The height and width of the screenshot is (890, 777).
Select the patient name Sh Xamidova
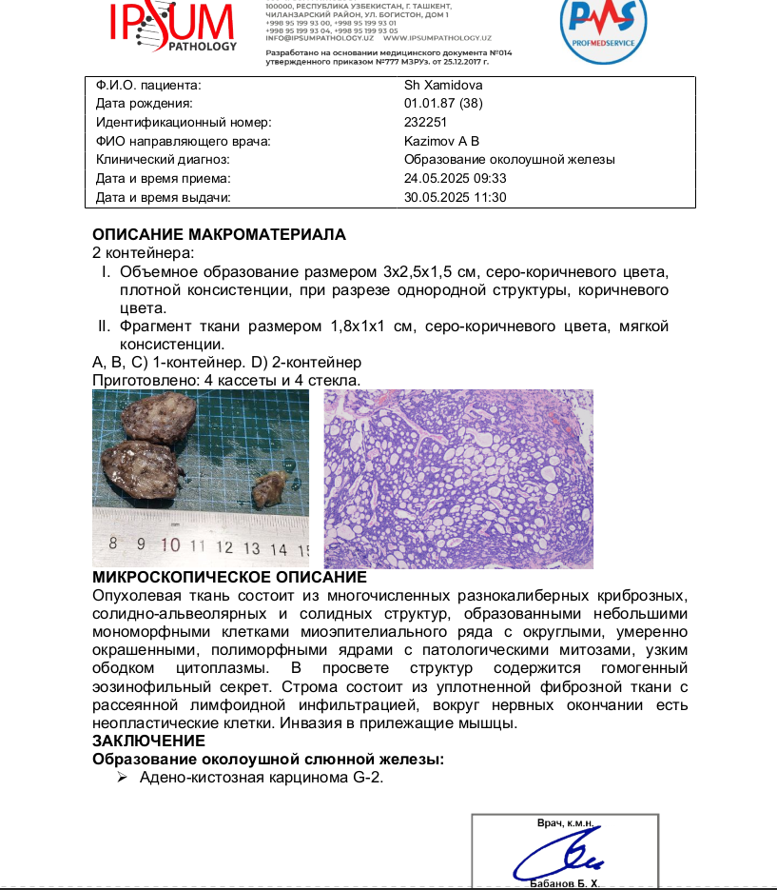coord(443,85)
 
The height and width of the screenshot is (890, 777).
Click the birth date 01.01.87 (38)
coord(444,103)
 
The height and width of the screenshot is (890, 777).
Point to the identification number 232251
coord(425,122)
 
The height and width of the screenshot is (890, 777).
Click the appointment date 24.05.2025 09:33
coord(456,178)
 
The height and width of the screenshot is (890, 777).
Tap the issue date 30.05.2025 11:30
coord(456,197)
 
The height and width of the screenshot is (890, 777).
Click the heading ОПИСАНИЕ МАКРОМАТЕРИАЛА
coord(219,234)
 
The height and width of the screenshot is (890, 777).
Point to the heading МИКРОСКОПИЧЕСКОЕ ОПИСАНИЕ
coord(229,578)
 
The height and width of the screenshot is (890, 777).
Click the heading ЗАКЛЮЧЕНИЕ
coord(148,741)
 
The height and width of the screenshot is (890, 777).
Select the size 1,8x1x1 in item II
coord(363,326)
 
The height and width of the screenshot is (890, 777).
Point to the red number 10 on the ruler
coord(171,546)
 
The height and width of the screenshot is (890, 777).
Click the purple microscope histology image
coord(458,479)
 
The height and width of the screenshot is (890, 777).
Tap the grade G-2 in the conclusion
coord(366,778)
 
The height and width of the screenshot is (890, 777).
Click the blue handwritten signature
coord(561,854)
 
